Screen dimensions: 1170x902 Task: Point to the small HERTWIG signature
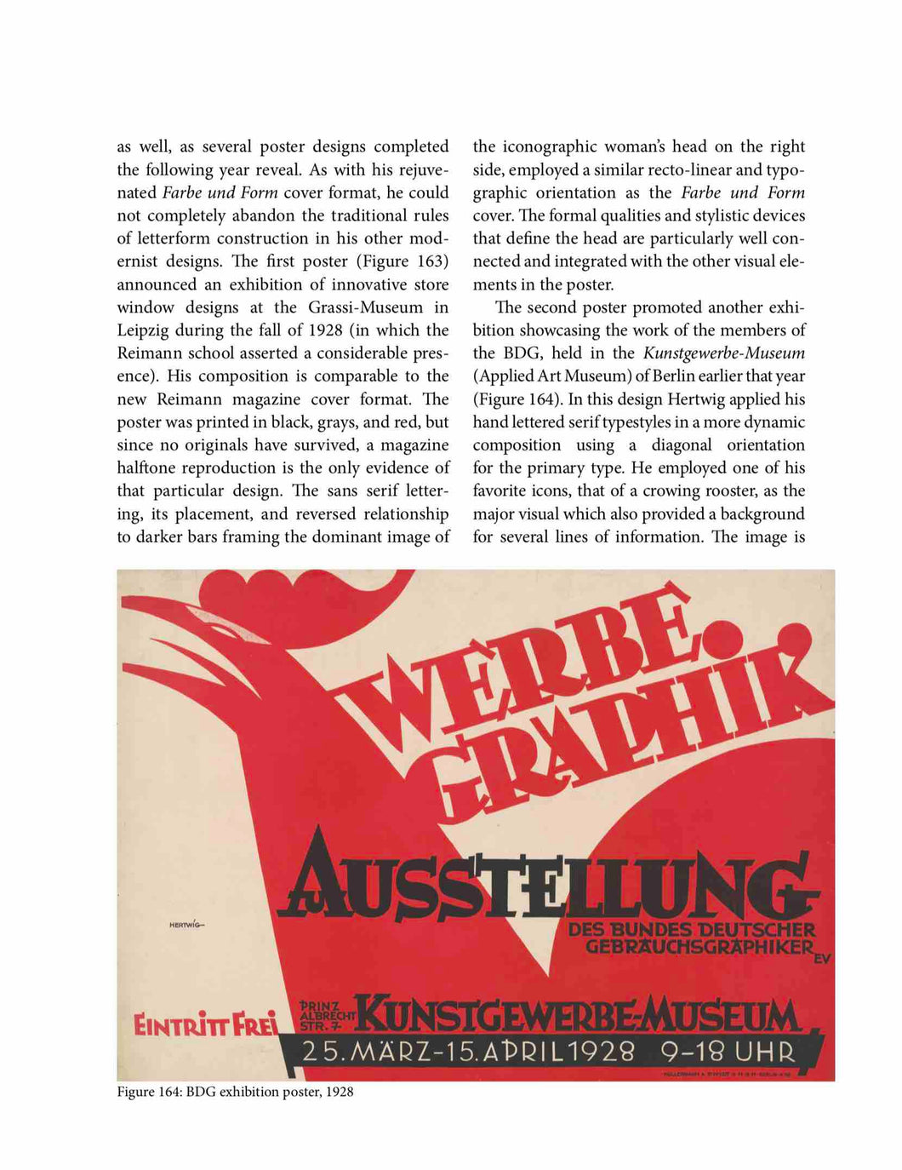(x=188, y=925)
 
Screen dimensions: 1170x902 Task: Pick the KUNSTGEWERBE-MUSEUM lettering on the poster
(x=579, y=1017)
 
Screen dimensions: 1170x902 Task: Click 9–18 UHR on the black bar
(x=728, y=1052)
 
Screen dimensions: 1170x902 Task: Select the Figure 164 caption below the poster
(x=235, y=1092)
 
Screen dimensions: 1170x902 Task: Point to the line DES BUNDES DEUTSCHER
(x=691, y=929)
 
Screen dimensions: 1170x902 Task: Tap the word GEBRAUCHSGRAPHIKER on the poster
(x=699, y=947)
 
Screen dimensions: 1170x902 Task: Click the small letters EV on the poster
(x=822, y=959)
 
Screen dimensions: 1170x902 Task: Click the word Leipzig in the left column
(x=141, y=330)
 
